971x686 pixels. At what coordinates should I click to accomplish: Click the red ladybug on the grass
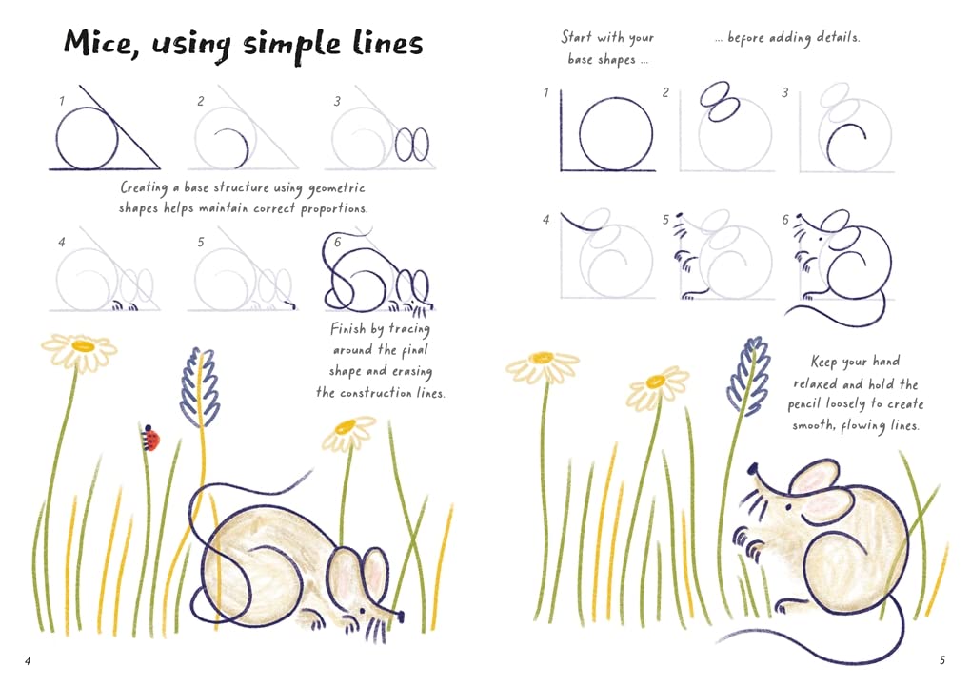150,438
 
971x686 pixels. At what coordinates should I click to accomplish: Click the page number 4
28,660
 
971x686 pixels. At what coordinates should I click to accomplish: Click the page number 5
941,660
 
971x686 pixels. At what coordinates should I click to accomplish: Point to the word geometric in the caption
337,188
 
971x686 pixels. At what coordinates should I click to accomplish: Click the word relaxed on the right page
813,383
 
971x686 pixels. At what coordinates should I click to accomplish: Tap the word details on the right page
838,37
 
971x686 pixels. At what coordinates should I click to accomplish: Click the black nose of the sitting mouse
753,468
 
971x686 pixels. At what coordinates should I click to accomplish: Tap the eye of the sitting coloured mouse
787,506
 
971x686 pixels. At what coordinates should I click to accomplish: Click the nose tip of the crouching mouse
401,616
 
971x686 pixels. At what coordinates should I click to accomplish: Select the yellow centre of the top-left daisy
83,345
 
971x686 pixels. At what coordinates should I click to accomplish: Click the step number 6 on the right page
785,220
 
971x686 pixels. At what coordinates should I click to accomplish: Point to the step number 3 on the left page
337,101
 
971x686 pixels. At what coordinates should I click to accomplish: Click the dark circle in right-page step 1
616,134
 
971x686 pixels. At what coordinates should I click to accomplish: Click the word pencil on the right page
803,405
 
